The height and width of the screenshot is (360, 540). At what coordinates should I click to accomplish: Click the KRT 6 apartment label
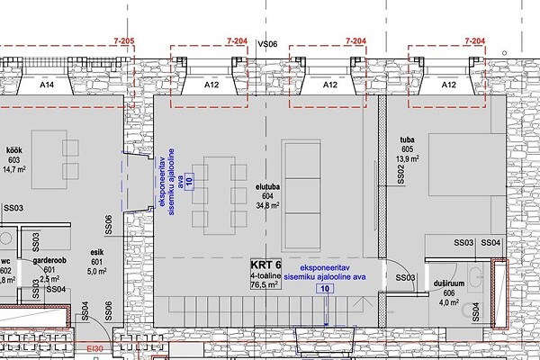point(265,265)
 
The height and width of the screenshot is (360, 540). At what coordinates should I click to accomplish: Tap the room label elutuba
point(267,187)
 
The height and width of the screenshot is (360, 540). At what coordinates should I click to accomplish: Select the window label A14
point(47,85)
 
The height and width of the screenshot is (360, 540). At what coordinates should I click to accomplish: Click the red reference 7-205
point(124,40)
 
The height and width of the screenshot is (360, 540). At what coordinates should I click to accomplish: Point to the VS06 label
point(268,44)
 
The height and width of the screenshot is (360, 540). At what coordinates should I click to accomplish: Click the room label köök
point(14,150)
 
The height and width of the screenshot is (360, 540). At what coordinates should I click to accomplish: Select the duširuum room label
point(449,283)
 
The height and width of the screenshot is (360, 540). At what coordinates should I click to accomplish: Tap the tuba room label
point(407,139)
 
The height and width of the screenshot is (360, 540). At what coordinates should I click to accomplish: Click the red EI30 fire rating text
point(94,349)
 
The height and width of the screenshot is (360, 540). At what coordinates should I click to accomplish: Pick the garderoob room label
point(49,261)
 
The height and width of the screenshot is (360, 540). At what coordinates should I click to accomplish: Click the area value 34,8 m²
point(267,206)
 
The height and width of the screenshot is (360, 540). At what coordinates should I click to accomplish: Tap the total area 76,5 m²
point(265,285)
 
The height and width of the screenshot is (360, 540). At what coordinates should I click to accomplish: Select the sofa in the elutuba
point(301,195)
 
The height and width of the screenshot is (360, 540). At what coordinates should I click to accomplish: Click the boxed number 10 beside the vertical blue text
point(189,179)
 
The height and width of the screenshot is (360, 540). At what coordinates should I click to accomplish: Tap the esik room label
point(97,253)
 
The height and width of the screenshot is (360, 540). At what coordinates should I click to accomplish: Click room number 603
point(14,160)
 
